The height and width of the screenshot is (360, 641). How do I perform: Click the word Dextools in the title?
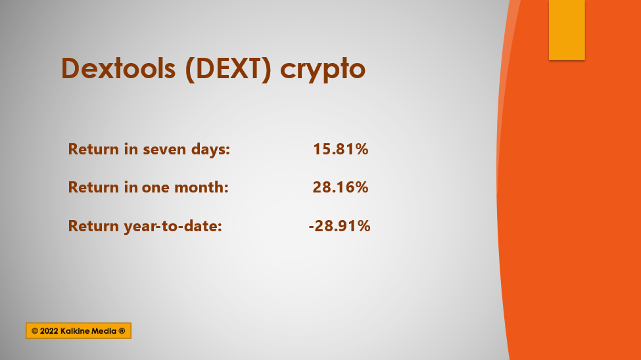tap(118, 68)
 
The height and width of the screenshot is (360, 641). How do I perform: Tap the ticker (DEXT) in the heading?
tap(228, 69)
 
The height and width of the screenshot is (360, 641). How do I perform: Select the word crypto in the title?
tap(323, 70)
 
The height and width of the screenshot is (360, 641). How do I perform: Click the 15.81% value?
tap(341, 149)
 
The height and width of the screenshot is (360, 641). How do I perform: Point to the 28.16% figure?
tap(341, 187)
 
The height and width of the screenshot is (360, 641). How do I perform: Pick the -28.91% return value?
tap(339, 225)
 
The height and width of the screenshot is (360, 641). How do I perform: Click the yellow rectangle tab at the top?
tap(567, 30)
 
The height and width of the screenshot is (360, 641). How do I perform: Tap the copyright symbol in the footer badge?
tap(35, 331)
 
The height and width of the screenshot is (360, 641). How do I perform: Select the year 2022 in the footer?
tap(49, 331)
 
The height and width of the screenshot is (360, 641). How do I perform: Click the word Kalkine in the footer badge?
tap(74, 331)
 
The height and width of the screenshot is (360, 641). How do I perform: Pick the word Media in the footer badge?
tap(103, 331)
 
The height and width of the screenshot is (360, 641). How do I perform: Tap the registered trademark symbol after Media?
tap(122, 331)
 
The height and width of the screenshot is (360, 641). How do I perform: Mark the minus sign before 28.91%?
tap(311, 227)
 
